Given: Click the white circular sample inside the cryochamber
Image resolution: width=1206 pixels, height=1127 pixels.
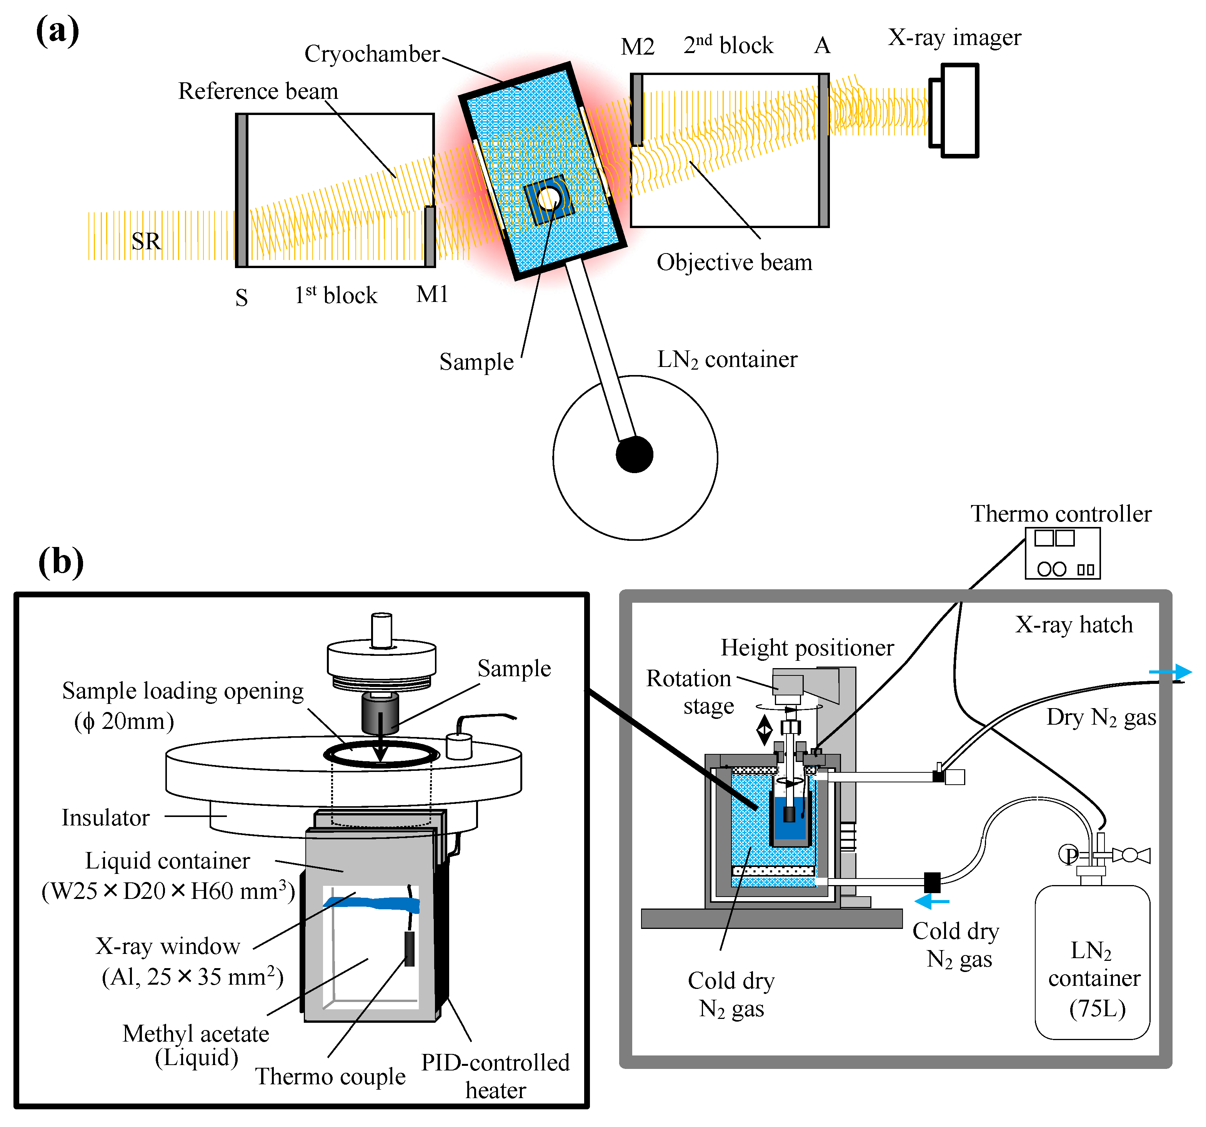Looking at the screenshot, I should [x=549, y=198].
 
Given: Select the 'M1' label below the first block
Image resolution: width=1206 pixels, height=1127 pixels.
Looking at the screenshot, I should [x=432, y=294].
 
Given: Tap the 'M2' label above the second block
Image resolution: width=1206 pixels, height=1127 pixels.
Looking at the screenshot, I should [x=638, y=46].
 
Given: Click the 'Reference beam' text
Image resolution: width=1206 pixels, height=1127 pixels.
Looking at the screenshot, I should [x=258, y=91].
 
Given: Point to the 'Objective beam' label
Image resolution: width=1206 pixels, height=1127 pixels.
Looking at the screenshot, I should [x=734, y=263].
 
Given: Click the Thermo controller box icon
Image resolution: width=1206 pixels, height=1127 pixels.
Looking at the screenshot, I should [x=1062, y=553].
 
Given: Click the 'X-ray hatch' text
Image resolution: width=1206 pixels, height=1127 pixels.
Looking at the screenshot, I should [x=1074, y=625].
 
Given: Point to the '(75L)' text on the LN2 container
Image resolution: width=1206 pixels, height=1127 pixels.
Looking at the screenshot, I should [x=1097, y=1008].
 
